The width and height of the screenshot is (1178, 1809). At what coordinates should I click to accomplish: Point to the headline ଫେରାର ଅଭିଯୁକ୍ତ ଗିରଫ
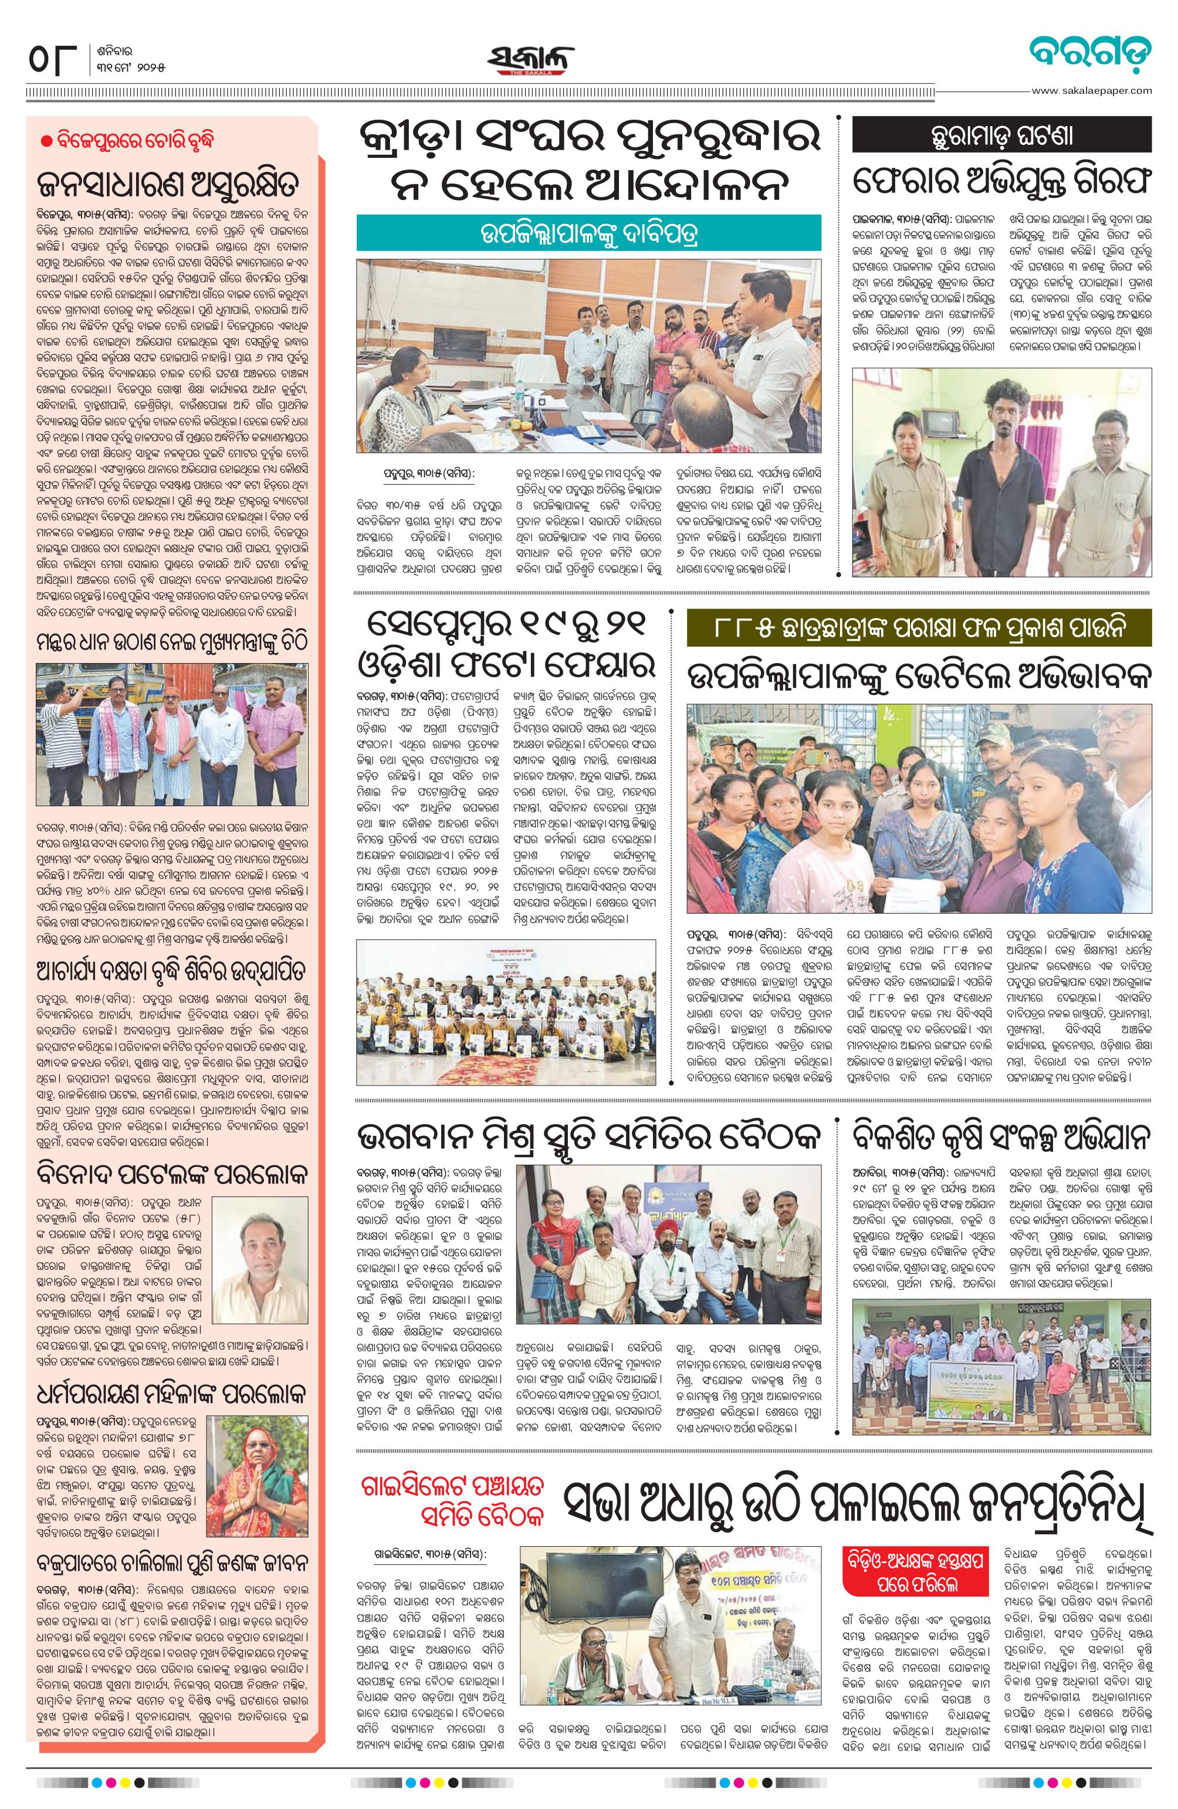coord(1001,182)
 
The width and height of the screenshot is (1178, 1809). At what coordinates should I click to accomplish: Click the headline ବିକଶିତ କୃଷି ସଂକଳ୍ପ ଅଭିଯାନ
coord(1001,1138)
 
